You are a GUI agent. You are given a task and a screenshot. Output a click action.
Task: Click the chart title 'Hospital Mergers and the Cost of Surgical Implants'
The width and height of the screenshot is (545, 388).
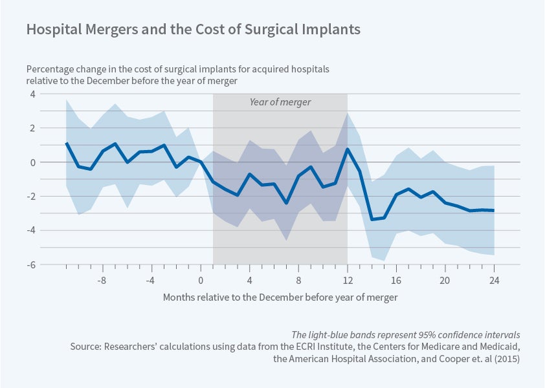pyautogui.click(x=193, y=30)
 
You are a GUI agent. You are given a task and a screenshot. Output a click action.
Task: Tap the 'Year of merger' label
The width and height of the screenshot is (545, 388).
pyautogui.click(x=280, y=102)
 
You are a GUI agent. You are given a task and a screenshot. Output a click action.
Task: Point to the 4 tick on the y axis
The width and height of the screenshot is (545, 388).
pyautogui.click(x=30, y=94)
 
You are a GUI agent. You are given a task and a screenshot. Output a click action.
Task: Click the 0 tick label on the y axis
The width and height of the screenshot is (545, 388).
pyautogui.click(x=30, y=162)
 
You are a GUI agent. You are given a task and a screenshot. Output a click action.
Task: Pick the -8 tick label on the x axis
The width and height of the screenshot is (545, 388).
pyautogui.click(x=101, y=281)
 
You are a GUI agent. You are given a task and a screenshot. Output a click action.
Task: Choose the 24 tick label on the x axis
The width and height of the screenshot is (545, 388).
pyautogui.click(x=494, y=281)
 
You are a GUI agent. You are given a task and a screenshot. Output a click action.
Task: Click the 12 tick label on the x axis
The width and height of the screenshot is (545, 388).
pyautogui.click(x=348, y=281)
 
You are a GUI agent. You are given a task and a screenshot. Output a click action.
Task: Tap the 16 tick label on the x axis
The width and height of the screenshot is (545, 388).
pyautogui.click(x=396, y=281)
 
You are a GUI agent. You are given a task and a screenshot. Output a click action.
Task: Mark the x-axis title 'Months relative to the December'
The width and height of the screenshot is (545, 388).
pyautogui.click(x=280, y=297)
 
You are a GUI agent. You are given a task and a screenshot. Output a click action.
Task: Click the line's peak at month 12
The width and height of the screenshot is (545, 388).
pyautogui.click(x=348, y=149)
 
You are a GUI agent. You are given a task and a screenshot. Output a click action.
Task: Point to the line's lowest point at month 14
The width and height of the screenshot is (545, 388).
pyautogui.click(x=372, y=219)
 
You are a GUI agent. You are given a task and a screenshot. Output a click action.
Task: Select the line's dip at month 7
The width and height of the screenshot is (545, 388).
pyautogui.click(x=286, y=203)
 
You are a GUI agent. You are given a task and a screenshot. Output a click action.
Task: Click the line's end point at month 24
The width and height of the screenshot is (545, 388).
pyautogui.click(x=494, y=211)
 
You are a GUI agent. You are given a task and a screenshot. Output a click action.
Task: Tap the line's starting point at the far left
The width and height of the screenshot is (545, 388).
pyautogui.click(x=67, y=144)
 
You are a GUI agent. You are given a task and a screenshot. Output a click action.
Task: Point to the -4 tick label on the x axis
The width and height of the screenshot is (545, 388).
pyautogui.click(x=150, y=281)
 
